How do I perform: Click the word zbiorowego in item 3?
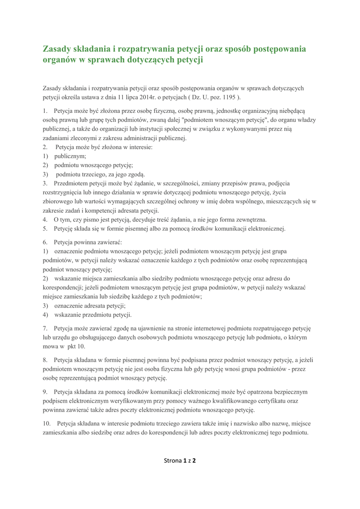59,201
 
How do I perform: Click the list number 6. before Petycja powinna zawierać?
45,242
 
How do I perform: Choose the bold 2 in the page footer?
194,460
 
